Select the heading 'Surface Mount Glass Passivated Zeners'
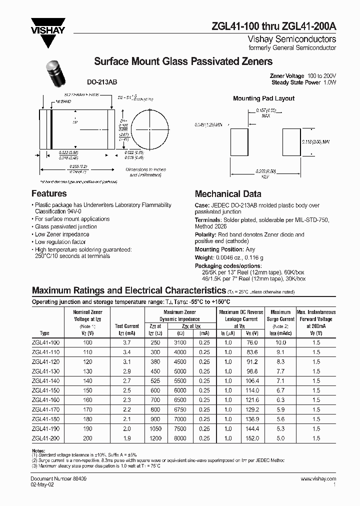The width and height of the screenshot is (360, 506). pyautogui.click(x=183, y=61)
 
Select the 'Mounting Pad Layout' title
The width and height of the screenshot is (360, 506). pyautogui.click(x=263, y=98)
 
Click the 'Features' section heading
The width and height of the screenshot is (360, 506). pyautogui.click(x=49, y=194)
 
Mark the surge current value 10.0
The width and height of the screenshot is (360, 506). pyautogui.click(x=281, y=342)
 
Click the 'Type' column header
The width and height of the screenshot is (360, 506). pyautogui.click(x=44, y=333)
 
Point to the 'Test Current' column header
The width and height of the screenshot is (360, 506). pyautogui.click(x=126, y=326)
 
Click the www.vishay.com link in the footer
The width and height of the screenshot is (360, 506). pyautogui.click(x=318, y=478)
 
